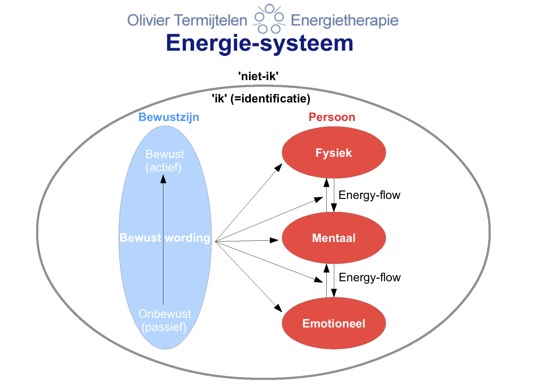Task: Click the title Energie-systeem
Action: click(x=259, y=44)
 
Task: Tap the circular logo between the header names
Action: click(x=269, y=19)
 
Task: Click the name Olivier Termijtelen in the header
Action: click(x=187, y=20)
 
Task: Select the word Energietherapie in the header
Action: click(x=345, y=21)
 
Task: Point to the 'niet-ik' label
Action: click(x=258, y=76)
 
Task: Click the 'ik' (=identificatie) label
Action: click(x=261, y=98)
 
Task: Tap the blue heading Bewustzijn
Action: click(x=169, y=117)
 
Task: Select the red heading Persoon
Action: click(x=332, y=117)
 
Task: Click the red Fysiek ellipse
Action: click(x=334, y=152)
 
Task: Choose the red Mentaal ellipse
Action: click(x=334, y=238)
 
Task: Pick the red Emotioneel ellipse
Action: click(x=334, y=323)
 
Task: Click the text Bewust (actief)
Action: click(x=164, y=161)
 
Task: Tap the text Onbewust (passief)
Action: click(x=164, y=320)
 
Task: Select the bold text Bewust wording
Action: click(x=165, y=238)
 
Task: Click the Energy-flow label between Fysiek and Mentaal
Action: click(x=369, y=195)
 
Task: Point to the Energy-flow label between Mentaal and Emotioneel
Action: click(x=370, y=277)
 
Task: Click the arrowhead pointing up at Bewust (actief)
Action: click(x=163, y=179)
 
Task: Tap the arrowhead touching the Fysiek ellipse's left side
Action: click(x=278, y=167)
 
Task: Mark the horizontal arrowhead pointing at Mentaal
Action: click(x=274, y=240)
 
